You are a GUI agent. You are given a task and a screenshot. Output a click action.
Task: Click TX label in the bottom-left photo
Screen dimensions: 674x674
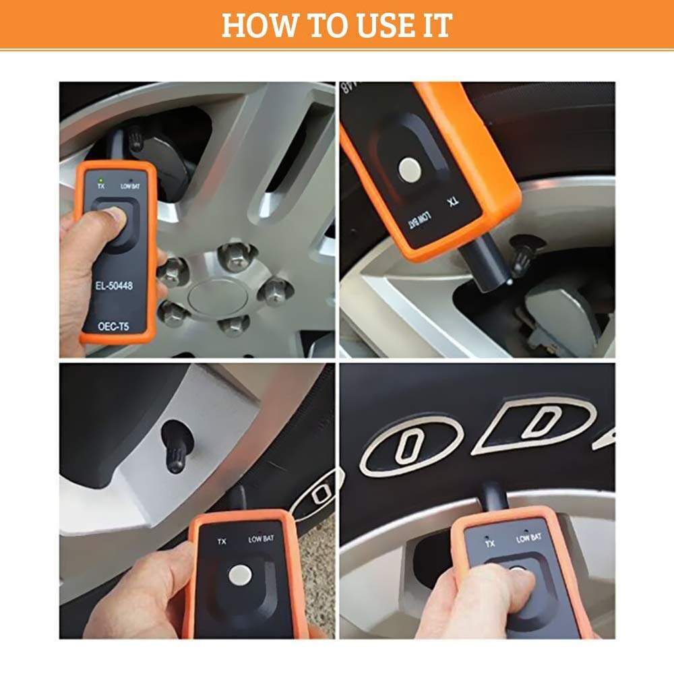pos(221,541)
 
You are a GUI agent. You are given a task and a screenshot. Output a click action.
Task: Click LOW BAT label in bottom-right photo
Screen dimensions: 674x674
pos(529,538)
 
